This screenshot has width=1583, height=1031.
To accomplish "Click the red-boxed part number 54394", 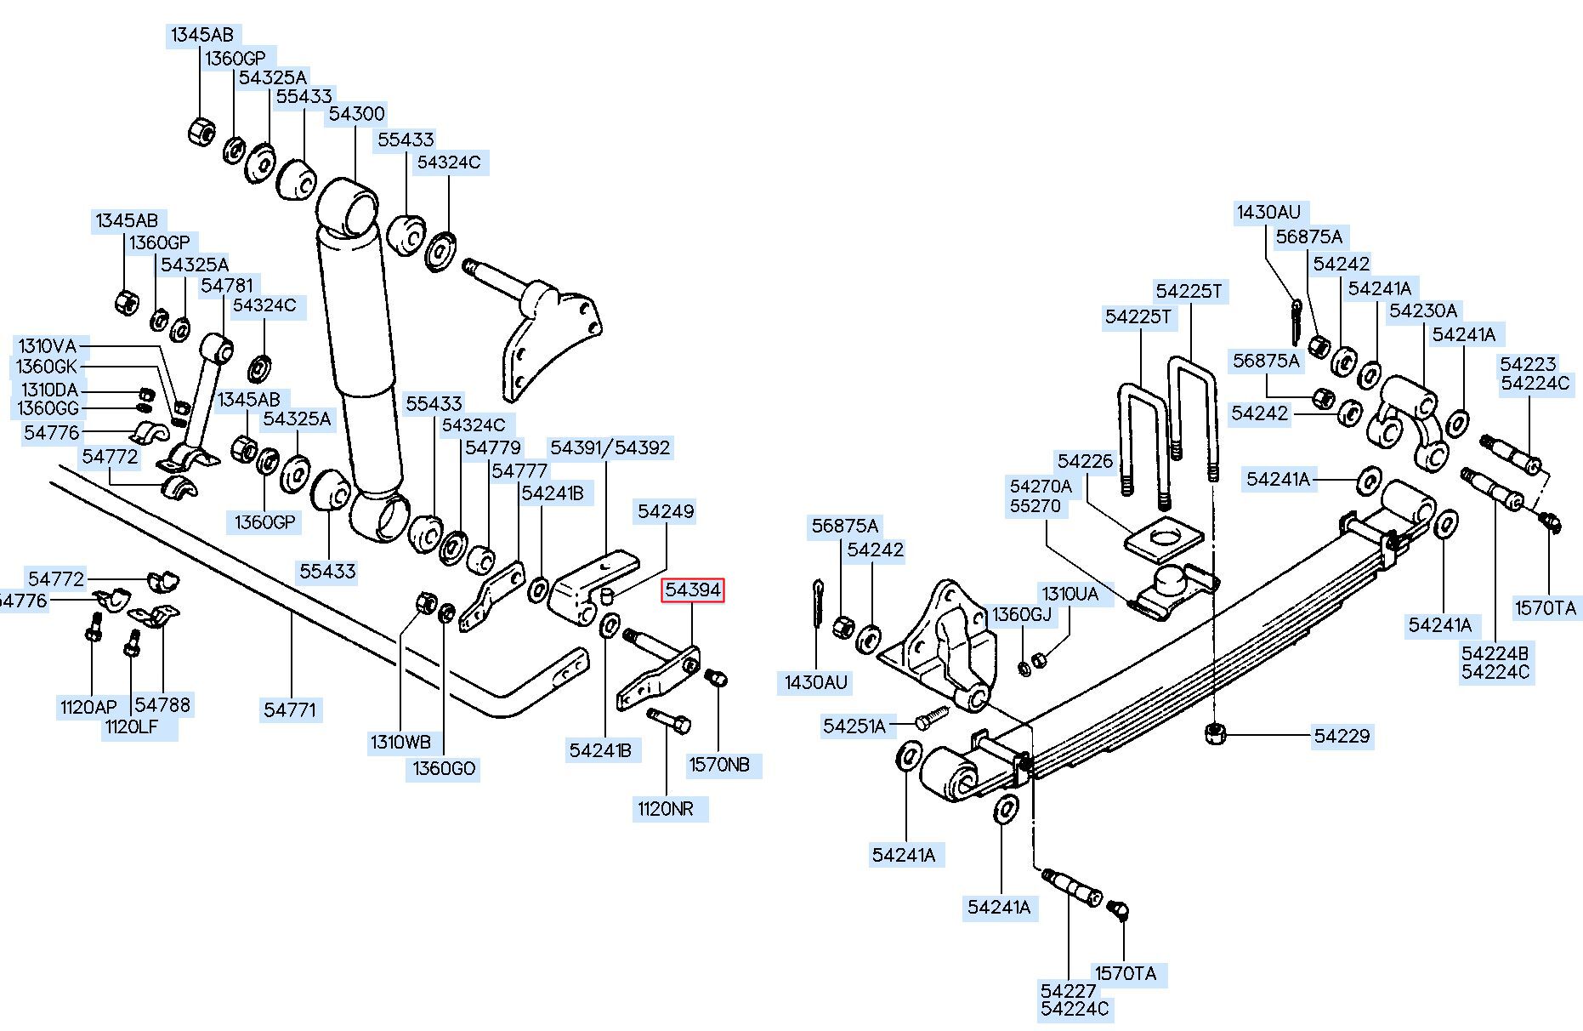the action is click(x=693, y=590).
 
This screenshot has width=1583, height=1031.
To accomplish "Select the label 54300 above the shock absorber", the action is click(x=357, y=114).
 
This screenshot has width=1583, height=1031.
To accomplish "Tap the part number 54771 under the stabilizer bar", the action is click(x=290, y=709).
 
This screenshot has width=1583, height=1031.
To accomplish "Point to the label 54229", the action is click(x=1342, y=736).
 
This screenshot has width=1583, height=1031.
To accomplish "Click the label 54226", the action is click(x=1085, y=461).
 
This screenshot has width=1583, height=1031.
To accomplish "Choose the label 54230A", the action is click(x=1423, y=310).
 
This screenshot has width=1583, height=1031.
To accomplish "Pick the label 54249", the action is click(x=666, y=511).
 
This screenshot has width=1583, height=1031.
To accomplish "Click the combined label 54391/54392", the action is click(x=610, y=447).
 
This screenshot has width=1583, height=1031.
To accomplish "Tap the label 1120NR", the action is click(x=666, y=809).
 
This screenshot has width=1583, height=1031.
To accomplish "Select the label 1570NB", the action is click(x=719, y=765).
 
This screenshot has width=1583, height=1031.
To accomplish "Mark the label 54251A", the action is click(x=854, y=726).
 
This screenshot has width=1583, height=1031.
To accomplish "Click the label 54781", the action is click(x=227, y=285).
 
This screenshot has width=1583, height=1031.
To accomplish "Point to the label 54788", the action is click(x=162, y=704).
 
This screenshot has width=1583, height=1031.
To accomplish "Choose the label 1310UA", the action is click(x=1070, y=594).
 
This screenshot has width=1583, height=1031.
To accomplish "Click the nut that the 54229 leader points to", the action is click(x=1215, y=733).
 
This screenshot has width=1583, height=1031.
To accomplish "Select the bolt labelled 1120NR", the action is click(x=668, y=721).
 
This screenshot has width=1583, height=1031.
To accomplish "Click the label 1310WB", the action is click(x=400, y=742).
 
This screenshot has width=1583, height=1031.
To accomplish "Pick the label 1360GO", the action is click(x=444, y=769).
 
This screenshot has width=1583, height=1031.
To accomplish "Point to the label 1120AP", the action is click(x=88, y=708).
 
